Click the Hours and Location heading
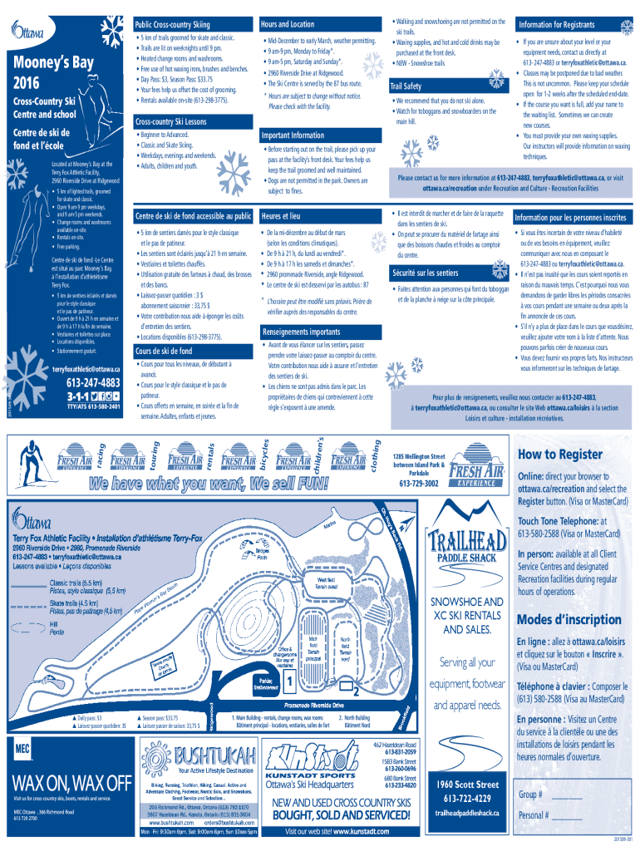tap(288, 24)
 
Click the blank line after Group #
tap(566, 794)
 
